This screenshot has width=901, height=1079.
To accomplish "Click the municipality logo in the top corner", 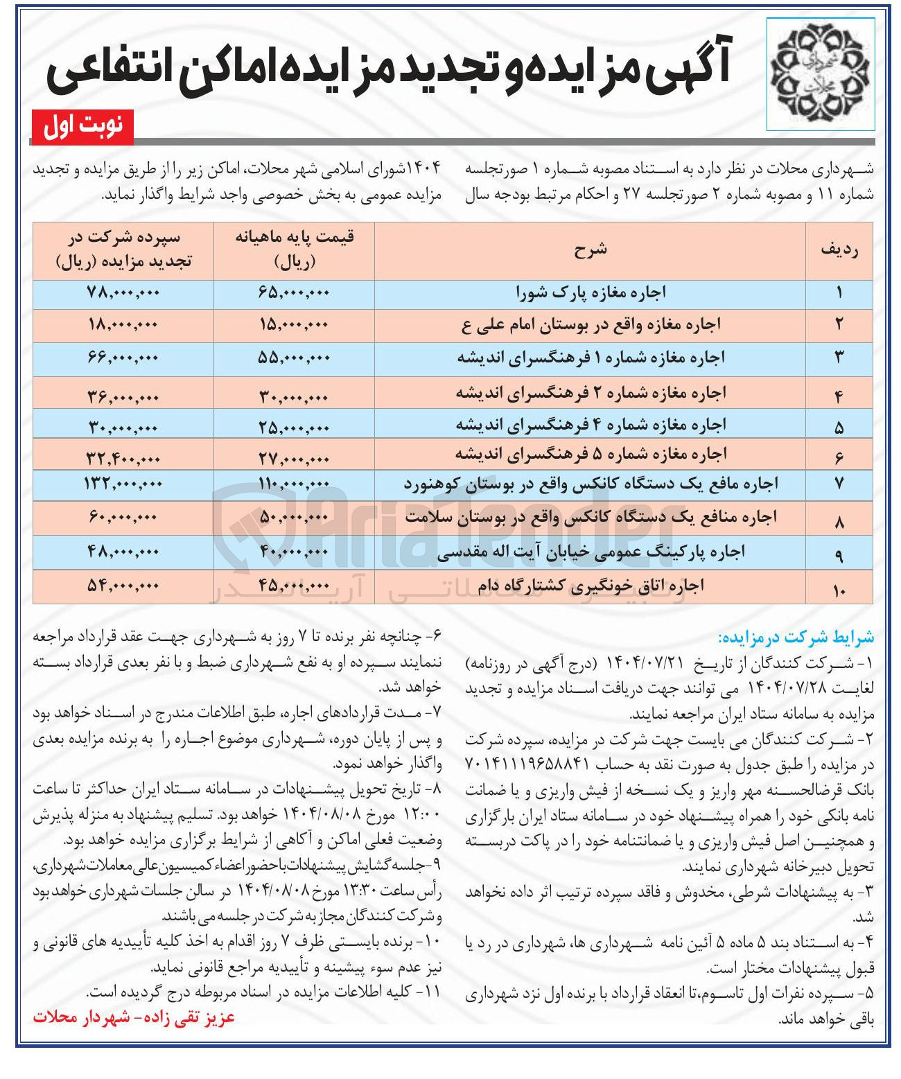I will tap(820, 74).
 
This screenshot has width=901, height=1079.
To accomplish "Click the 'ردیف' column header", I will tap(839, 250).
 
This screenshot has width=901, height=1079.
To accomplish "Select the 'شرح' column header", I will tap(590, 250).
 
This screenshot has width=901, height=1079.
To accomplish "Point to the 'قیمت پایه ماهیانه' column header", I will tap(295, 249).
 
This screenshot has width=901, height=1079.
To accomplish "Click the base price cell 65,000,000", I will tap(294, 293).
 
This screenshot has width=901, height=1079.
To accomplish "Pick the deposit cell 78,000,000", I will tap(123, 293).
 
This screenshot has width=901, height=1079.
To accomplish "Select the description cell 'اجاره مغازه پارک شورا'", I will tap(590, 293).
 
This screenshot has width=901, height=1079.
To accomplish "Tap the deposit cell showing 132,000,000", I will tap(123, 484).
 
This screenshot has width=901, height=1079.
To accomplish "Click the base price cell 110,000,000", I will tap(294, 485).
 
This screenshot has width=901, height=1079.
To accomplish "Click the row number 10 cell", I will tap(839, 590).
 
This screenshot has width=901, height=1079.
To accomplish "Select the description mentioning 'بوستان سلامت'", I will tap(590, 517).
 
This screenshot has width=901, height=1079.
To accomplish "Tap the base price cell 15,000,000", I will tap(294, 324).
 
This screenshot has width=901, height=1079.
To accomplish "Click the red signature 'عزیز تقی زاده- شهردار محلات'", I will tap(134, 1017).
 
